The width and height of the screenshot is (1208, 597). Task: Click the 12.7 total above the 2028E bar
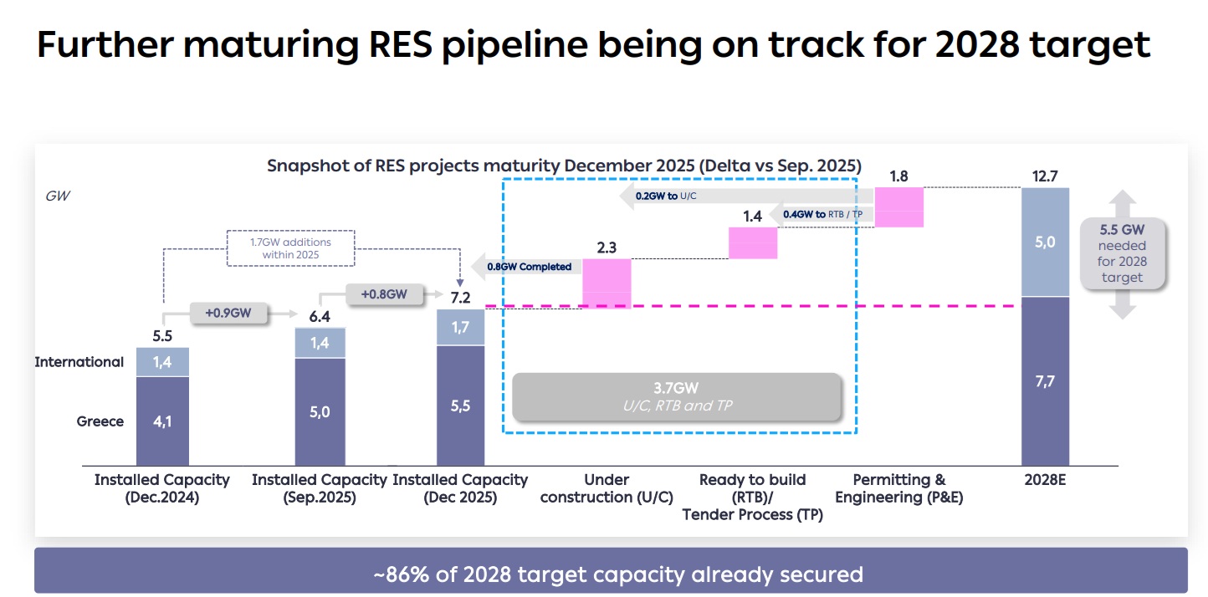(1046, 176)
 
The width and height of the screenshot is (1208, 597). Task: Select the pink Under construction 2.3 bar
(607, 283)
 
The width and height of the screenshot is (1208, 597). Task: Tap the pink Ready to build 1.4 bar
(753, 243)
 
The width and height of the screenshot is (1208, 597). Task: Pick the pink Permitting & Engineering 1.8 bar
(898, 207)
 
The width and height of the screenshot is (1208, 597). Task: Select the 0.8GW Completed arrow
(522, 267)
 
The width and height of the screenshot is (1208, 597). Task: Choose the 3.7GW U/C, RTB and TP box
(676, 396)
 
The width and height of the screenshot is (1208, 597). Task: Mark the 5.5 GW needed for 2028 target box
(1122, 253)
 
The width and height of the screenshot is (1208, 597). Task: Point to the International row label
(79, 362)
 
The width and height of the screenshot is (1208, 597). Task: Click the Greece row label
(100, 421)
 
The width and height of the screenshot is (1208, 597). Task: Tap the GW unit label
(58, 196)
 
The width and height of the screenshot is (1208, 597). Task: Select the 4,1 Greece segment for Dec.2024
(162, 421)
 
